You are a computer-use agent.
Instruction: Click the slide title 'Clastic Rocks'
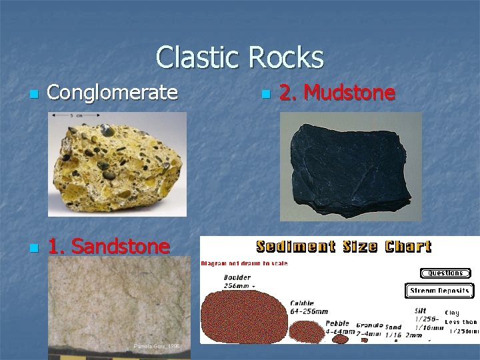tap(239, 57)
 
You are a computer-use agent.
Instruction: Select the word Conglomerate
tap(113, 93)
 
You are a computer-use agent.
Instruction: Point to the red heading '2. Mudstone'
tap(337, 93)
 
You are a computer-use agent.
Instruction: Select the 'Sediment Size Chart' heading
tap(343, 247)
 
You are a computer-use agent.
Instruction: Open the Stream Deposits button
tap(439, 291)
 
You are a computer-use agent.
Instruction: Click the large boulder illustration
tap(243, 317)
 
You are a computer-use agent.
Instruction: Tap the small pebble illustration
tap(341, 339)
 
